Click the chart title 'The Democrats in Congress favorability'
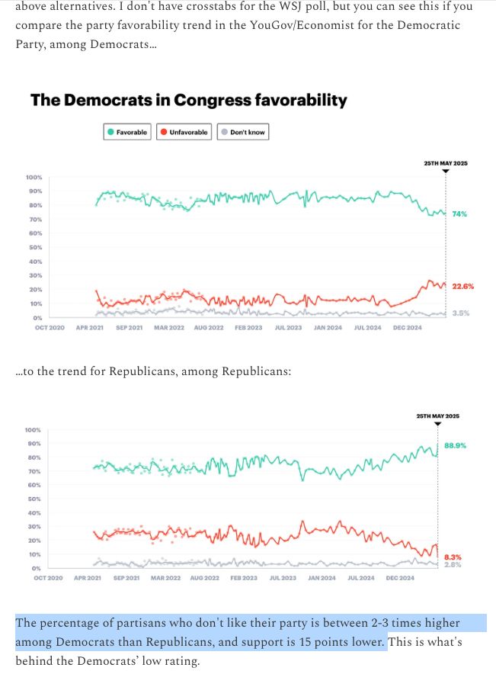[x=188, y=100]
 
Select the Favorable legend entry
[x=127, y=132]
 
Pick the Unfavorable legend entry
[x=184, y=132]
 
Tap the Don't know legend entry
[x=243, y=132]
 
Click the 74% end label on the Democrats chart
[x=459, y=214]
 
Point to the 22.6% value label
[x=463, y=287]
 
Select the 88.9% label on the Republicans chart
[x=456, y=445]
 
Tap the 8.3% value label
[x=453, y=557]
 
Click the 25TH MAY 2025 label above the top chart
[x=446, y=163]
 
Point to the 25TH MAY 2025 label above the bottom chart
[x=437, y=416]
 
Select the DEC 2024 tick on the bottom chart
[x=400, y=579]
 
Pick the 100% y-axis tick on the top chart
[x=34, y=177]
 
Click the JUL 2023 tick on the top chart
[x=287, y=328]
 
